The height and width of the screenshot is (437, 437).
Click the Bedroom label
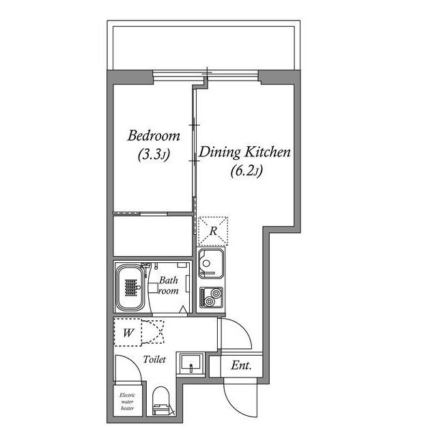(x=154, y=135)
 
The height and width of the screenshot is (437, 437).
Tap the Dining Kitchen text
(x=245, y=152)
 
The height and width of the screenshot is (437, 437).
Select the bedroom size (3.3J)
(x=153, y=155)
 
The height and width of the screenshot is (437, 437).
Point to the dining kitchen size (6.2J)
(x=245, y=172)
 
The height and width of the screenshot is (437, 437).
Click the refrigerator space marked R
(x=214, y=231)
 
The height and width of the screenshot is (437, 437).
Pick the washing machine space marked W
(x=128, y=333)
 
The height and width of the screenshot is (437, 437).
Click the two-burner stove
(x=210, y=298)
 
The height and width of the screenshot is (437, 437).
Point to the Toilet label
(x=154, y=359)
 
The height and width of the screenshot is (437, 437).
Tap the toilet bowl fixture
(x=161, y=401)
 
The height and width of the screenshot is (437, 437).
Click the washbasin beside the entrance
(x=191, y=364)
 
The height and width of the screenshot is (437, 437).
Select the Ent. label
(x=241, y=366)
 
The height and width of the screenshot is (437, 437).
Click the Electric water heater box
(x=127, y=402)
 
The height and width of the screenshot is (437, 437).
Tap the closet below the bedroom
(x=150, y=236)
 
